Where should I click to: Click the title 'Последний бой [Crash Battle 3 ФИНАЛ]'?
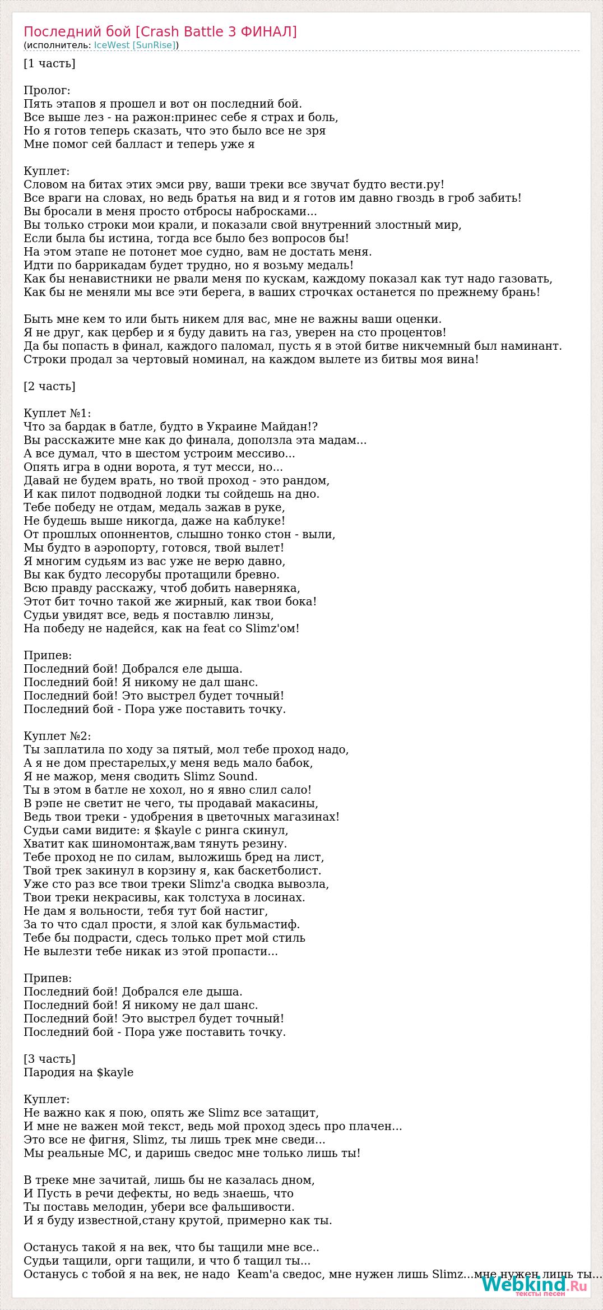coord(160,32)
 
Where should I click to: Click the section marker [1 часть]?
coord(49,63)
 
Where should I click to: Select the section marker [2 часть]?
coord(49,386)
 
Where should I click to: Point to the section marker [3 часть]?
coord(49,1059)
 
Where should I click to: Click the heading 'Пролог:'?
coord(47,90)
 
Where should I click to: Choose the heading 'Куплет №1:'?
coord(57,413)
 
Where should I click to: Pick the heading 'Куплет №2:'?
coord(57,736)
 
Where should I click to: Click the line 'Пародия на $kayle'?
coord(78,1072)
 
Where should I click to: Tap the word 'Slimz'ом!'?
coord(272,628)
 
